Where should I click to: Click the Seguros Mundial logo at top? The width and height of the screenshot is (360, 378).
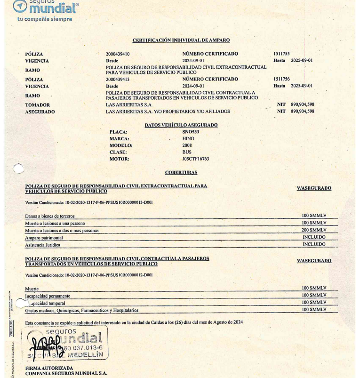(45, 8)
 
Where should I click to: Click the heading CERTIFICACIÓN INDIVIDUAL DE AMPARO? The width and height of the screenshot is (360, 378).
(181, 40)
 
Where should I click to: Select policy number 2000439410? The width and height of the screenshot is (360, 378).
(118, 54)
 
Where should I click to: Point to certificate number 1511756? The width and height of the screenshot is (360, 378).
(281, 80)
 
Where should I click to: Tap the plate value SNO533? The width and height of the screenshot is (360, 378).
(191, 132)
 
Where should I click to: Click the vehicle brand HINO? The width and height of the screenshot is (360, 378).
(188, 139)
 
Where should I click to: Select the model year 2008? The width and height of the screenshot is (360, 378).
(187, 146)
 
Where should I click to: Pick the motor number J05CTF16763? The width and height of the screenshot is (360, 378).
(195, 159)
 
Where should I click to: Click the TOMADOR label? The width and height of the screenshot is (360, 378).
(37, 105)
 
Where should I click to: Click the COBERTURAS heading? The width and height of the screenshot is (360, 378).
(181, 173)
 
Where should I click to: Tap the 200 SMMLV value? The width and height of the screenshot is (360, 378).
(314, 230)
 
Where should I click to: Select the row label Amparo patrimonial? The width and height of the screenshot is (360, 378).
(44, 238)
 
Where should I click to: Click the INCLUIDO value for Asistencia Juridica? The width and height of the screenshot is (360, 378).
(314, 245)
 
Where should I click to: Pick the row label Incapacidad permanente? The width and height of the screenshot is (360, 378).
(48, 296)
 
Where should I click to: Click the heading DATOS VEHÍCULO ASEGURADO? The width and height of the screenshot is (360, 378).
(181, 125)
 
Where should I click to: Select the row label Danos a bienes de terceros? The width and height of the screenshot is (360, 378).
(50, 217)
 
